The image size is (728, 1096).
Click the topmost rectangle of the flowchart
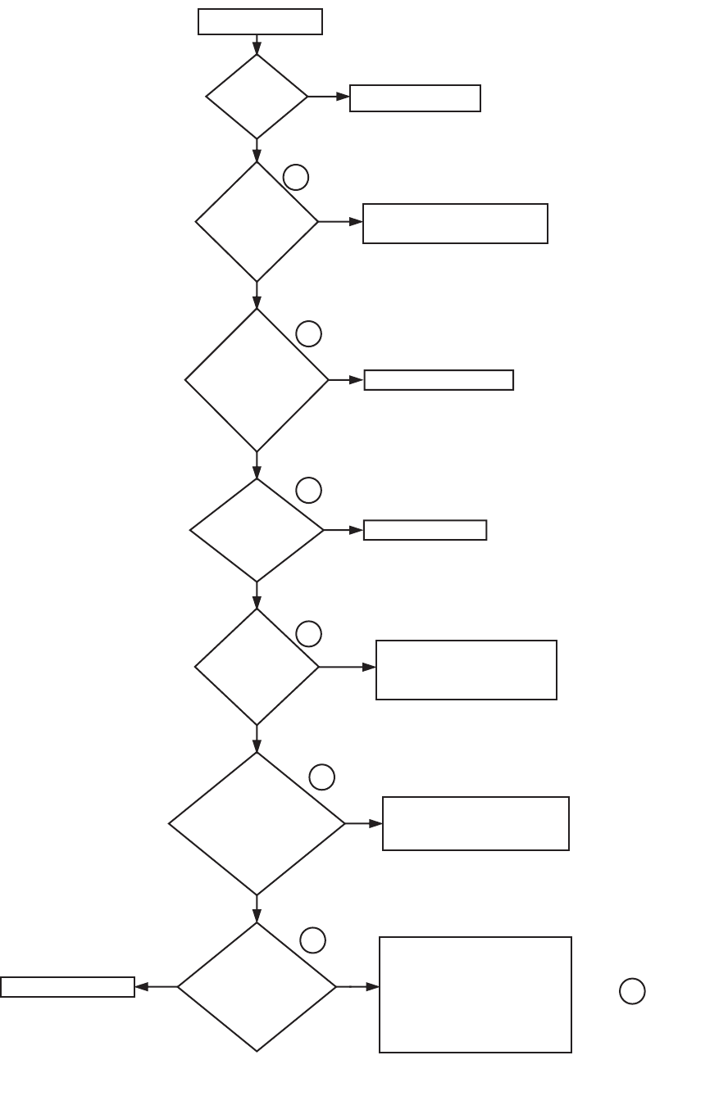pyautogui.click(x=260, y=22)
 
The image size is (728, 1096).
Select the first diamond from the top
pyautogui.click(x=257, y=97)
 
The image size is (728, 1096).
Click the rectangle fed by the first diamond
pyautogui.click(x=415, y=98)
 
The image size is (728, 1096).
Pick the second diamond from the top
pyautogui.click(x=257, y=222)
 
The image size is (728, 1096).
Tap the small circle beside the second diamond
pyautogui.click(x=296, y=177)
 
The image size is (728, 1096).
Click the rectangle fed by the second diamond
pyautogui.click(x=455, y=224)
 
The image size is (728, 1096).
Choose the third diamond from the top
pyautogui.click(x=257, y=380)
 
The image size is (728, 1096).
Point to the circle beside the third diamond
pyautogui.click(x=308, y=333)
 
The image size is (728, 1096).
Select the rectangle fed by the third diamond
pyautogui.click(x=439, y=380)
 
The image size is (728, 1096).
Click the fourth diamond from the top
pyautogui.click(x=257, y=530)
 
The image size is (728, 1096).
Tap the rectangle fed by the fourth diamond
pyautogui.click(x=425, y=530)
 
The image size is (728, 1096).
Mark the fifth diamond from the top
pyautogui.click(x=257, y=667)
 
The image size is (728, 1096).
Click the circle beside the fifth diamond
pyautogui.click(x=308, y=633)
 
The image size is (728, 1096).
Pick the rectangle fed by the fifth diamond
pyautogui.click(x=466, y=670)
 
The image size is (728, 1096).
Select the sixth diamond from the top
pyautogui.click(x=257, y=824)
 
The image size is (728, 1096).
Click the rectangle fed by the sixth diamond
pyautogui.click(x=475, y=823)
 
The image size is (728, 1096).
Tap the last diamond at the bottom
pyautogui.click(x=257, y=987)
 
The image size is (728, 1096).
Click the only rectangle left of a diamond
pyautogui.click(x=67, y=987)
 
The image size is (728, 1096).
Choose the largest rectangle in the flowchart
pyautogui.click(x=475, y=994)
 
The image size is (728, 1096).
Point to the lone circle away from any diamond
pyautogui.click(x=632, y=991)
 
